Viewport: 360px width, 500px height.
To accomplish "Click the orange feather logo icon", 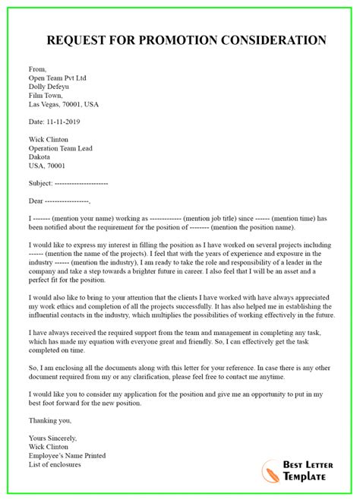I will pos(270,470).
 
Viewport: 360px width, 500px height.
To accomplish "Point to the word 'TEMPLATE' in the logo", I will pos(308,476).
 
